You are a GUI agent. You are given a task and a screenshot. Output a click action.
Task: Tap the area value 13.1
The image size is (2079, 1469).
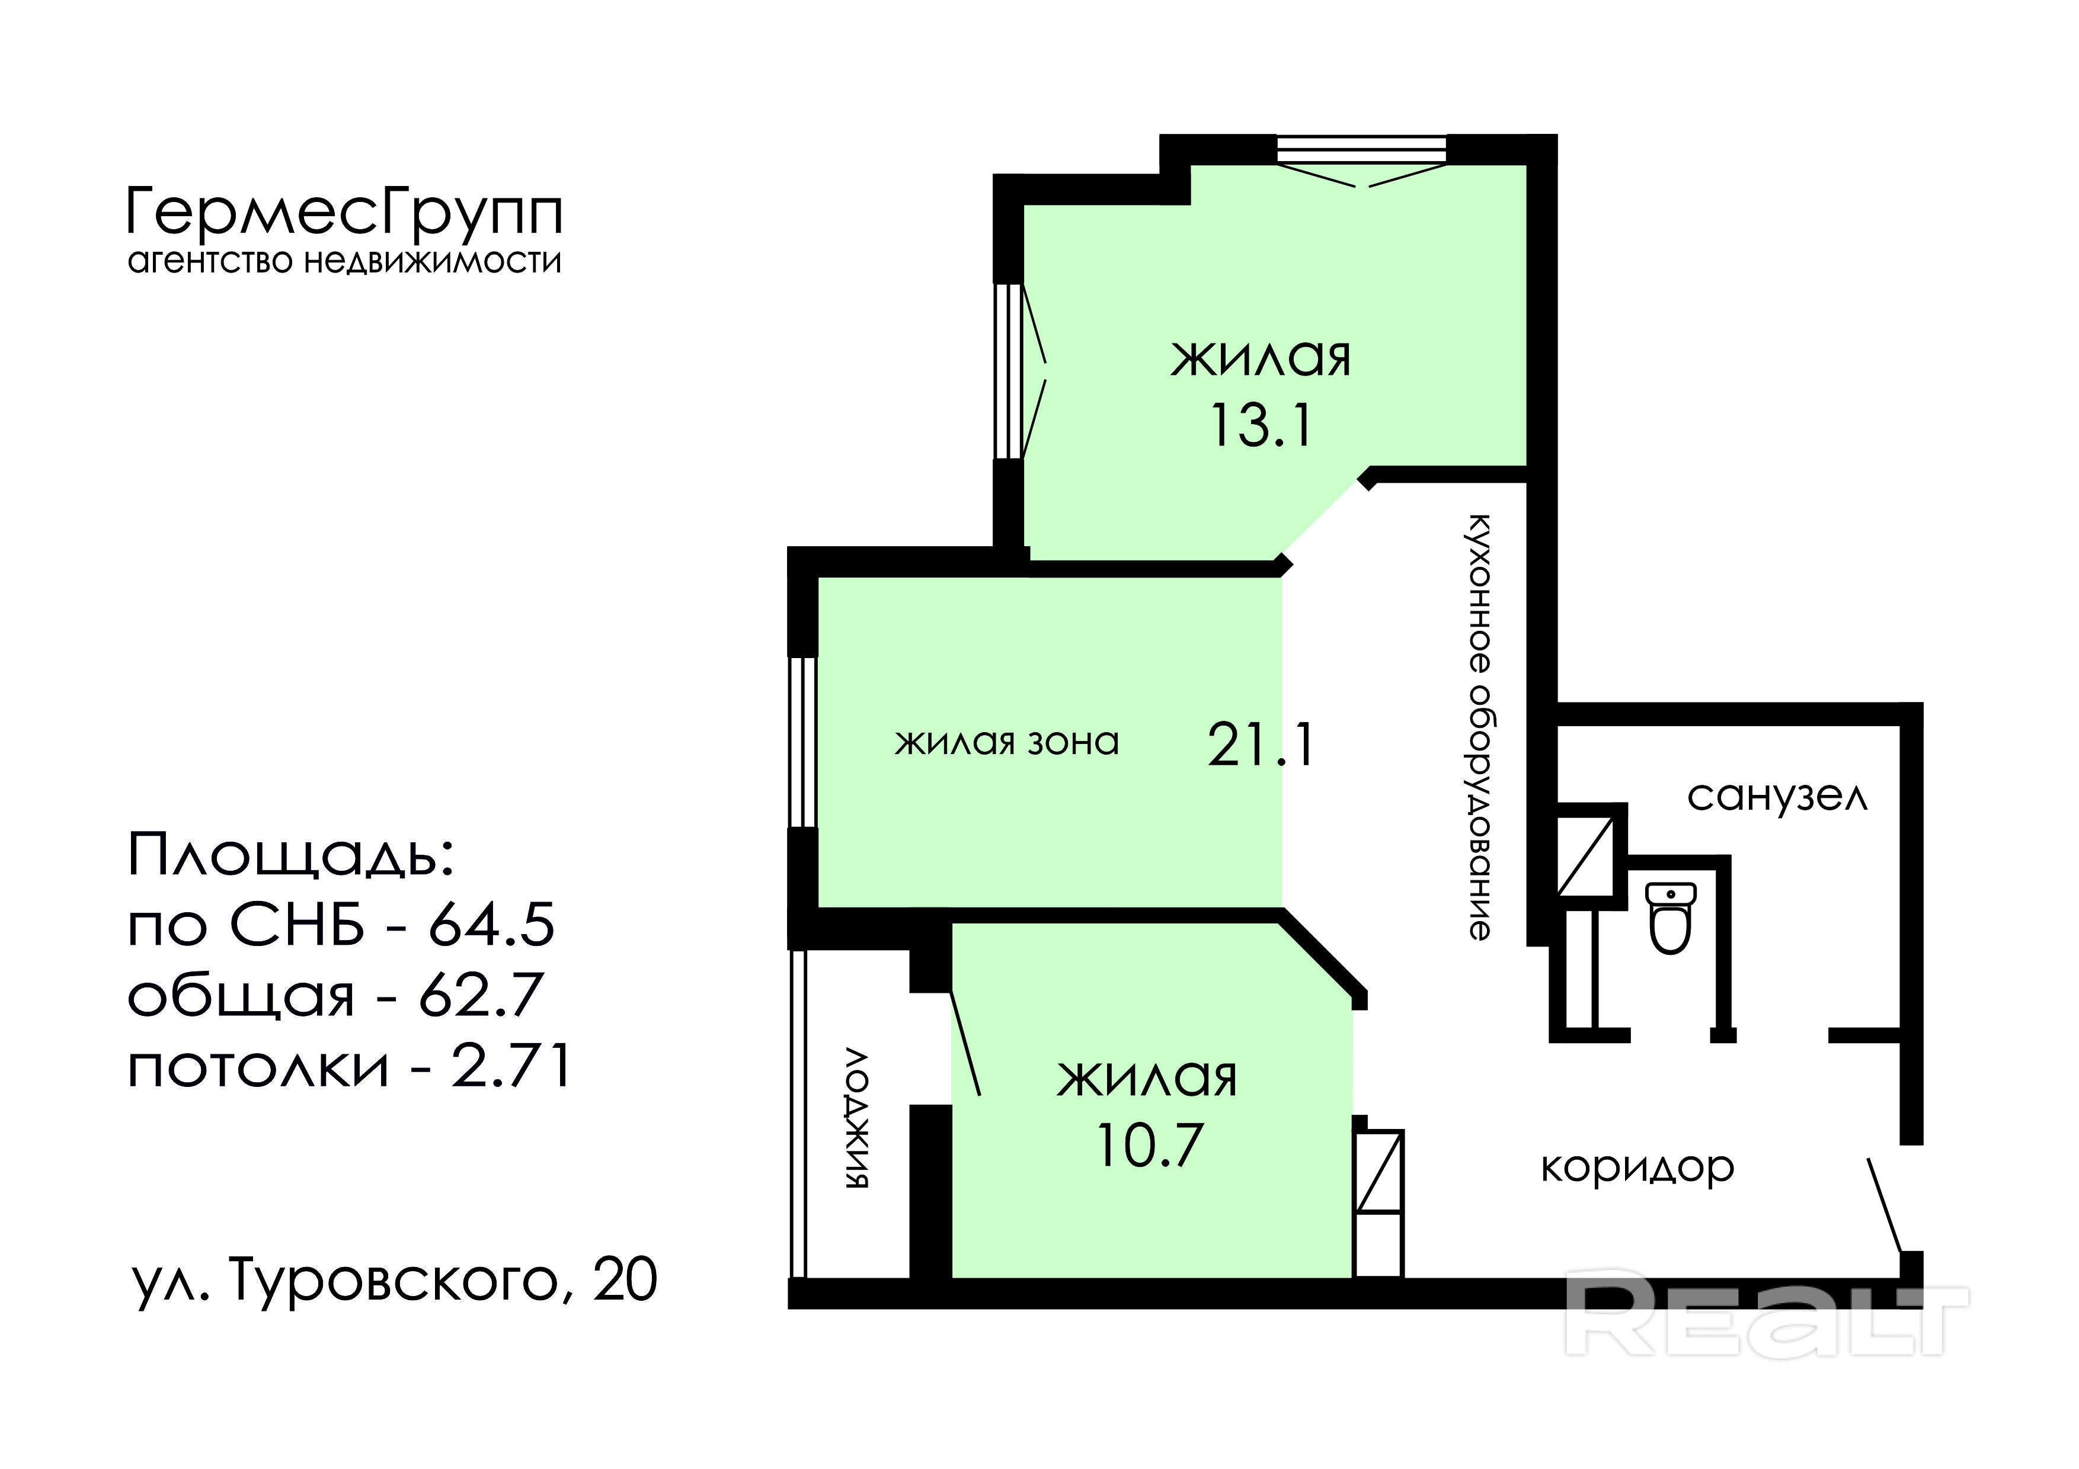coord(1261,425)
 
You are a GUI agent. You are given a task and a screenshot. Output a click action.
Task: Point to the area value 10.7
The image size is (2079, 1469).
coord(1150,1144)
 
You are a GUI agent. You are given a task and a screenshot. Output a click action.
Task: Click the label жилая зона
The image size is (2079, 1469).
coord(1007,742)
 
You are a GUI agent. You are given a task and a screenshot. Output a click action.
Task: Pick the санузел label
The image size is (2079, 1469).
coord(1777,797)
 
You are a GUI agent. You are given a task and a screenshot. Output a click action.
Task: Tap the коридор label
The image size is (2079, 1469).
coord(1637,1169)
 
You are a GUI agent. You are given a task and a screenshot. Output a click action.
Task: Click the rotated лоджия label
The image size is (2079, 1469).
coord(856,1119)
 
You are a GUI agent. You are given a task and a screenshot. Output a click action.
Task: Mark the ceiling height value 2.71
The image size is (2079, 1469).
coord(511,1065)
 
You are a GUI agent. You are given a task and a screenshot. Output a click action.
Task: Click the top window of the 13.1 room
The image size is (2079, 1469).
coord(1361,150)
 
